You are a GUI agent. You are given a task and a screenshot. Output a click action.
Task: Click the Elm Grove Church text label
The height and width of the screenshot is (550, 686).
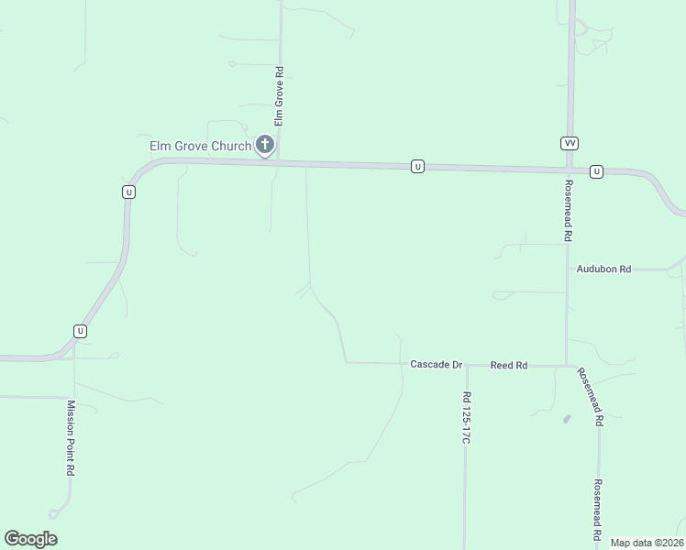pyautogui.click(x=200, y=146)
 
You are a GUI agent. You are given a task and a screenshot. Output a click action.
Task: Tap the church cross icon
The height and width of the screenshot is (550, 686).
pyautogui.click(x=265, y=144)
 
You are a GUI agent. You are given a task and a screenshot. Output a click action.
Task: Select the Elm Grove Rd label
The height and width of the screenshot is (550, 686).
pyautogui.click(x=280, y=95)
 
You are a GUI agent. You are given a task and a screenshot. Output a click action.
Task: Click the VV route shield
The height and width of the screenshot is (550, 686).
pyautogui.click(x=570, y=143)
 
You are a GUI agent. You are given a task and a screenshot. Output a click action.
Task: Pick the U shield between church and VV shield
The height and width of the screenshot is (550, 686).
pyautogui.click(x=417, y=166)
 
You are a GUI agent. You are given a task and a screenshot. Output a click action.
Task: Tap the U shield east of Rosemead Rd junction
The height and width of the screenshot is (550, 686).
pyautogui.click(x=596, y=171)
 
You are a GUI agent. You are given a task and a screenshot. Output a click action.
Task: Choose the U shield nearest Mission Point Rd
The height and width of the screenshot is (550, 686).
pyautogui.click(x=81, y=330)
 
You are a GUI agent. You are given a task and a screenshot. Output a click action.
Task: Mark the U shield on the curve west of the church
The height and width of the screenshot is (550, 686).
pyautogui.click(x=128, y=192)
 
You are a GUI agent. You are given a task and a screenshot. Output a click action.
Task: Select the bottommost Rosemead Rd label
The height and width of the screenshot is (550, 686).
pyautogui.click(x=597, y=509)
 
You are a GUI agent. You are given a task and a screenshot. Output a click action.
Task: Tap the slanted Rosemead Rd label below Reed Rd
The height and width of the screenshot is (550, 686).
pyautogui.click(x=590, y=396)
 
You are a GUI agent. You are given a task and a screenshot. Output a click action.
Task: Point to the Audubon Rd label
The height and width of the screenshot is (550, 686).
pyautogui.click(x=603, y=269)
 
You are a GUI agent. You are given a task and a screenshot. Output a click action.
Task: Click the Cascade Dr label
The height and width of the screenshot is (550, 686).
pyautogui.click(x=436, y=365)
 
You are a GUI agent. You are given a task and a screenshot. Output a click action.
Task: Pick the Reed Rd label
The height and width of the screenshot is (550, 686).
pyautogui.click(x=509, y=365)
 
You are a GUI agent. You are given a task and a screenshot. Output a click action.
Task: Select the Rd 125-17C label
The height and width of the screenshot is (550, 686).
pyautogui.click(x=466, y=418)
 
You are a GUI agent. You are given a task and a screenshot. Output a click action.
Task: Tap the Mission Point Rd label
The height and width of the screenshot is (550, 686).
pyautogui.click(x=70, y=435)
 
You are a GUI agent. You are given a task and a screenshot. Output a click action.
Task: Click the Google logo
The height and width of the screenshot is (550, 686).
pyautogui.click(x=30, y=539)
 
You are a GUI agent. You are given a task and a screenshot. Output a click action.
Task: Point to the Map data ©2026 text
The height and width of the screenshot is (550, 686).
pyautogui.click(x=646, y=543)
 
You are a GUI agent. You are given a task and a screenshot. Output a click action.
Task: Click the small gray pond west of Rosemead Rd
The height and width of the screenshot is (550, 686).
pyautogui.click(x=566, y=419)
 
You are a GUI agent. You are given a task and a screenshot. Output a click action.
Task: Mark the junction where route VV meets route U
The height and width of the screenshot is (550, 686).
pyautogui.click(x=570, y=170)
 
